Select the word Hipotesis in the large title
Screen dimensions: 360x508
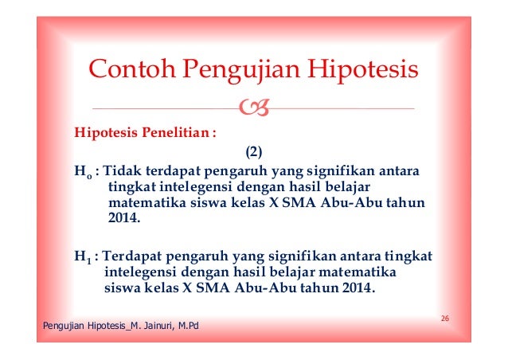363,72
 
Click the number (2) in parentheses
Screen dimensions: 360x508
252,151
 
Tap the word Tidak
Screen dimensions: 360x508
122,170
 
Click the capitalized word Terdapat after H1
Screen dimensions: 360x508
134,256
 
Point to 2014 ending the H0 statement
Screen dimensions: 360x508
123,218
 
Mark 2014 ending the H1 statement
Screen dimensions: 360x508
356,288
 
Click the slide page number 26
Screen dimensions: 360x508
445,319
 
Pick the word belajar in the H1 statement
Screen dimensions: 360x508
295,272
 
